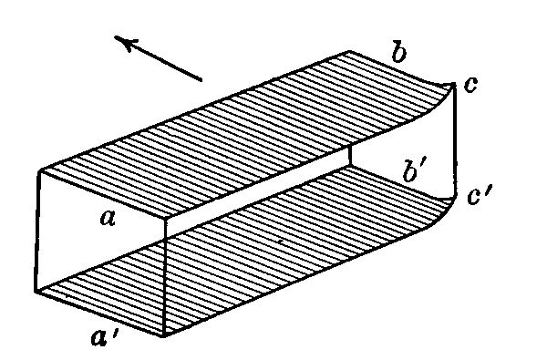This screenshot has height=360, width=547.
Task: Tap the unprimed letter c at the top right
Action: click(x=470, y=86)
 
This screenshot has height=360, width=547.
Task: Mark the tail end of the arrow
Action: click(x=201, y=79)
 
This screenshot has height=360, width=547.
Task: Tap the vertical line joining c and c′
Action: click(x=453, y=141)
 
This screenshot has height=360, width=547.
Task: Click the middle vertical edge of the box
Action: click(x=165, y=273)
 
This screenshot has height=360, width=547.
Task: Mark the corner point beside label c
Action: click(x=453, y=85)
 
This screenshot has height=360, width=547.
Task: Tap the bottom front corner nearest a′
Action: click(x=165, y=333)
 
